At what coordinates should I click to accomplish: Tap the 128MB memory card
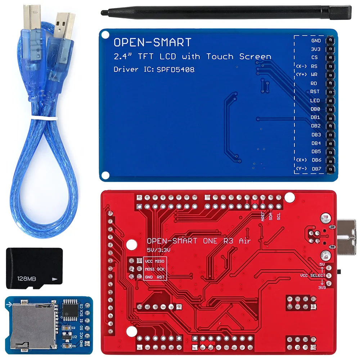(34, 267)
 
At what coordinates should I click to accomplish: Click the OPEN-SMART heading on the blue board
(152, 42)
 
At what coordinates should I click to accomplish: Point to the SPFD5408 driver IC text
(176, 69)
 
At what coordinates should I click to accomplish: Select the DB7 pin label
(316, 168)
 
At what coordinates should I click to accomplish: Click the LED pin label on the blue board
(315, 100)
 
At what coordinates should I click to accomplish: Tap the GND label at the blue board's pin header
(316, 41)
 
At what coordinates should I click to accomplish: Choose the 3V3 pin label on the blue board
(316, 49)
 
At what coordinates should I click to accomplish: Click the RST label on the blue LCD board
(315, 91)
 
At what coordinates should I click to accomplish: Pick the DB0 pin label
(316, 109)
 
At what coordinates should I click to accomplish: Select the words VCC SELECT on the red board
(313, 275)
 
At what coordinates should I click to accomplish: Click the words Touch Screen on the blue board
(238, 57)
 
